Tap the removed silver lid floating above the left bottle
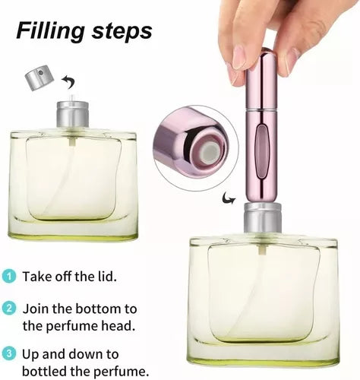(x=39, y=76)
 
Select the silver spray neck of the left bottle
(x=73, y=116)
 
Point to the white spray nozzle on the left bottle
(x=73, y=99)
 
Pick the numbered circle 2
(x=8, y=309)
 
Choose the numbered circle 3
(x=8, y=353)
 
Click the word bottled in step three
(x=47, y=371)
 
